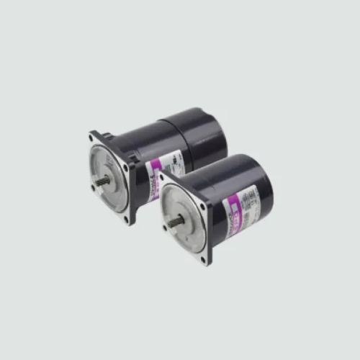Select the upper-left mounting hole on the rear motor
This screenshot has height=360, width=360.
[x=94, y=138]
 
